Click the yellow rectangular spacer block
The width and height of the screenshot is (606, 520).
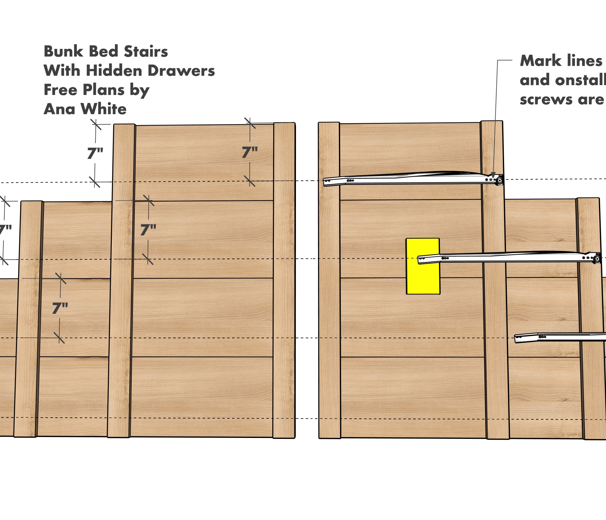click(x=423, y=266)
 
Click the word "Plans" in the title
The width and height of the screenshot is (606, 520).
click(x=103, y=90)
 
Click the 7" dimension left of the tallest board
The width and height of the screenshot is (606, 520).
click(x=95, y=153)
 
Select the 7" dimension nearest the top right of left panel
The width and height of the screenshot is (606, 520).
click(x=250, y=152)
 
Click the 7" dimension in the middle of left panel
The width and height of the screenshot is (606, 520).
click(x=148, y=230)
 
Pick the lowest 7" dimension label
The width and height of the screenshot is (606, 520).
click(x=60, y=308)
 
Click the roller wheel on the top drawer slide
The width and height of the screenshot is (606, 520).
click(x=499, y=180)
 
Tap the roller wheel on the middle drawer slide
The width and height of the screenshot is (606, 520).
click(x=597, y=259)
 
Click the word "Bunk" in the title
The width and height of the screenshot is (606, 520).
click(x=64, y=51)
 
